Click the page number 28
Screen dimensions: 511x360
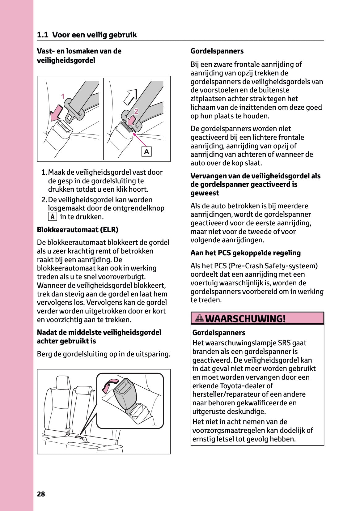41,494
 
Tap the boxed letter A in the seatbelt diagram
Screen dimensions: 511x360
146,151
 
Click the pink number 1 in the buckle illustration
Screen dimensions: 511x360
63,96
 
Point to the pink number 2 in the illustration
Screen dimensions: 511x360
136,111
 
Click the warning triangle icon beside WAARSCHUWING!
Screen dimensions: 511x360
200,318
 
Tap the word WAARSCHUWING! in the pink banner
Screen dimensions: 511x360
245,318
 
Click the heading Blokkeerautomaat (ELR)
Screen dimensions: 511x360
78,230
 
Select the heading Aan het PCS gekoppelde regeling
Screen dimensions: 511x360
245,253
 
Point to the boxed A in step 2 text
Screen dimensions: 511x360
53,217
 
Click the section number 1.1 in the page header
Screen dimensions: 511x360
42,35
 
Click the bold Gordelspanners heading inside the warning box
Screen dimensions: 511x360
218,333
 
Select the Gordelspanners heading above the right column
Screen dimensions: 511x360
217,51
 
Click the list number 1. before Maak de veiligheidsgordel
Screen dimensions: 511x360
44,172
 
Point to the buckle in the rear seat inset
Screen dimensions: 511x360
125,394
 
